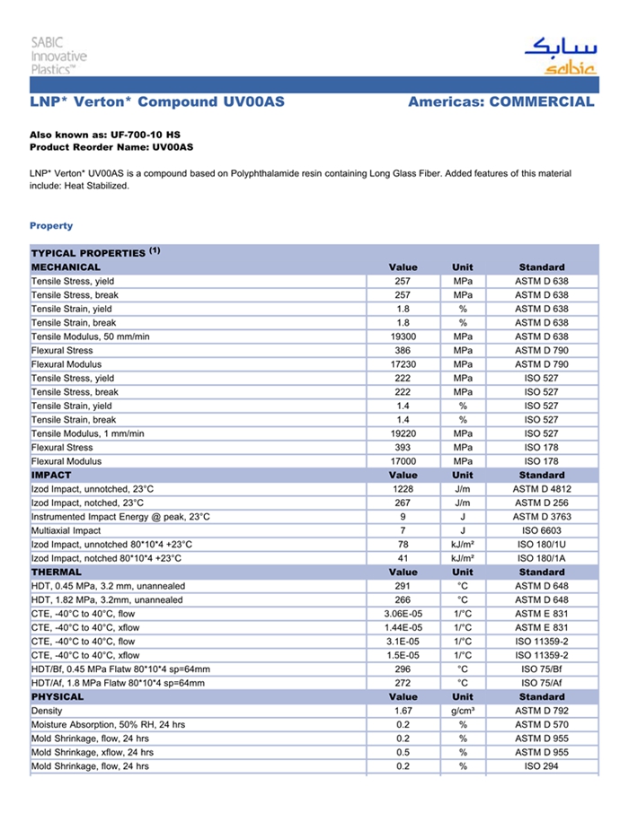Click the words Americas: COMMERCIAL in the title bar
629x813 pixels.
501,101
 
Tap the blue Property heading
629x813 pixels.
51,226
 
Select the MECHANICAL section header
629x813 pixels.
66,267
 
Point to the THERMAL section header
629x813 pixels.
57,572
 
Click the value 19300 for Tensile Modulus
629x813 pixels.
403,337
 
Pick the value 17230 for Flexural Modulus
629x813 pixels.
403,364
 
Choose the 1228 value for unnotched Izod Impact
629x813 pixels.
403,489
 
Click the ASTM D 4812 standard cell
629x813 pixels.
541,489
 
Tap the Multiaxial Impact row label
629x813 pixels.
66,530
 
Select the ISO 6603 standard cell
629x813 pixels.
541,530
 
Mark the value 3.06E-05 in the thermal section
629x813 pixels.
403,614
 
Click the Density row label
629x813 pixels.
47,711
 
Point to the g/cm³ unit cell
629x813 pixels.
463,711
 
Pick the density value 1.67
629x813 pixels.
403,711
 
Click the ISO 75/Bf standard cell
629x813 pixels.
541,669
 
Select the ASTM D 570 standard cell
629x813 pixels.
541,725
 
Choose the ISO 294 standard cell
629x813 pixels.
541,766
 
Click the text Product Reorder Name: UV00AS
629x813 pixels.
111,146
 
